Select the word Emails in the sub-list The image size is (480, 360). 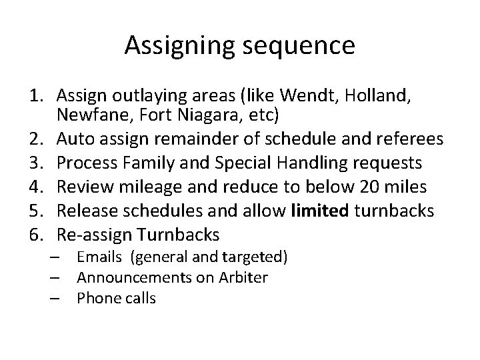99,256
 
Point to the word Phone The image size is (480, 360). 96,298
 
